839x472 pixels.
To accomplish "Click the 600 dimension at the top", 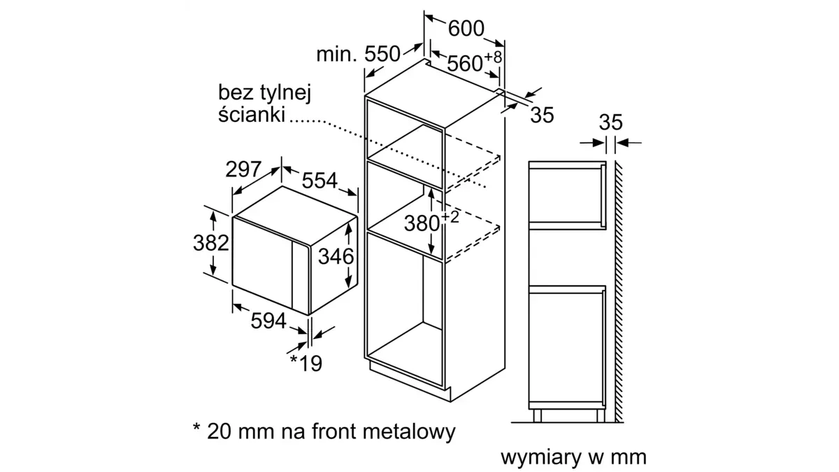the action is point(466,28).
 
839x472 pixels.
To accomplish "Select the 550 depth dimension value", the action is point(382,54).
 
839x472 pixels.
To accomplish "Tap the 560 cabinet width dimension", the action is point(464,64).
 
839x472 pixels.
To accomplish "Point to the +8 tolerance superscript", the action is point(493,57).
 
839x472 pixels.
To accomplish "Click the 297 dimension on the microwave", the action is point(243,169).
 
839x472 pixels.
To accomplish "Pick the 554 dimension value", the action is point(320,181).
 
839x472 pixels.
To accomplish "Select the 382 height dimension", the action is point(211,243).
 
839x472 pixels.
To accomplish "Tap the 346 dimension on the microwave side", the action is point(336,256).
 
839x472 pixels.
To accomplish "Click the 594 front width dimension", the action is point(268,321).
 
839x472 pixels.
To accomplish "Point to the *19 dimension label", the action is point(306,363).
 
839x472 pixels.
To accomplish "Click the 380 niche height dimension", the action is point(422,223).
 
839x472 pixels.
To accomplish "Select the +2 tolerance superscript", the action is point(450,217).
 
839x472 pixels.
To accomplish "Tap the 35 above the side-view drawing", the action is point(610,123).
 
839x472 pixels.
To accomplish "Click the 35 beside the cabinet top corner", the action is point(542,115).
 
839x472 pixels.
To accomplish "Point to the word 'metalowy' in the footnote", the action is point(409,431).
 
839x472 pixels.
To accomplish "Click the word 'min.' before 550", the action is point(336,55).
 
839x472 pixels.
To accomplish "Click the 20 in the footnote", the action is point(219,432).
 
